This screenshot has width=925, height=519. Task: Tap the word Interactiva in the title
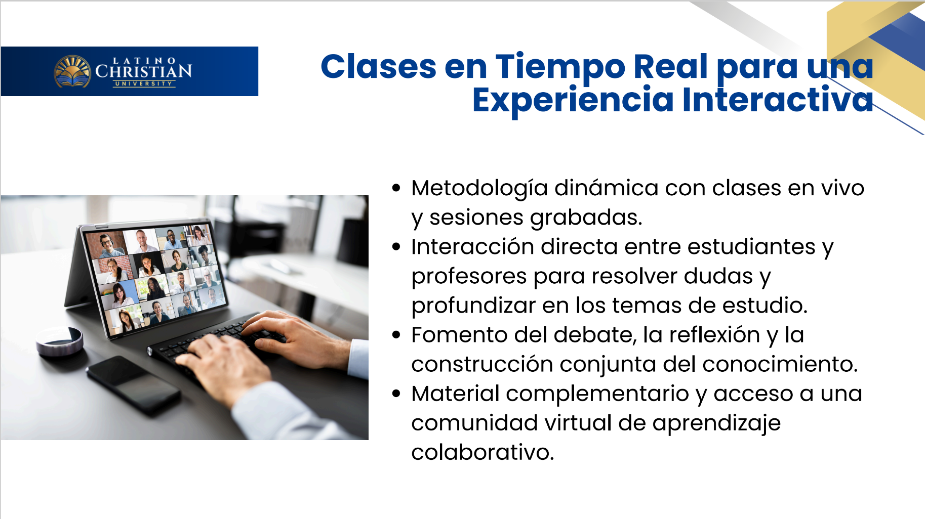(x=778, y=99)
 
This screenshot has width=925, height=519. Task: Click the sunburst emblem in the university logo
(x=73, y=71)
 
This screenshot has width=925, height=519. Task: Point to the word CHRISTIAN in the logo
(x=144, y=71)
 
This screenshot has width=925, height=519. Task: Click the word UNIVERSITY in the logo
(x=144, y=83)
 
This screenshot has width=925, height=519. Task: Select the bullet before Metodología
(x=396, y=188)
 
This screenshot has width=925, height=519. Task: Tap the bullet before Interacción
(x=396, y=247)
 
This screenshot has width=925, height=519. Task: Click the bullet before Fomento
(x=396, y=335)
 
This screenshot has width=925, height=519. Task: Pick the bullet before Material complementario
(x=396, y=394)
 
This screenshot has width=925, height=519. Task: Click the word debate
(x=595, y=335)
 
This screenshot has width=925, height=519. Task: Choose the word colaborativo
(x=482, y=452)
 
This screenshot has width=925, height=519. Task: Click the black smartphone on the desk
(x=133, y=385)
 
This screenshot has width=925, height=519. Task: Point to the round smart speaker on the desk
(x=60, y=341)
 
